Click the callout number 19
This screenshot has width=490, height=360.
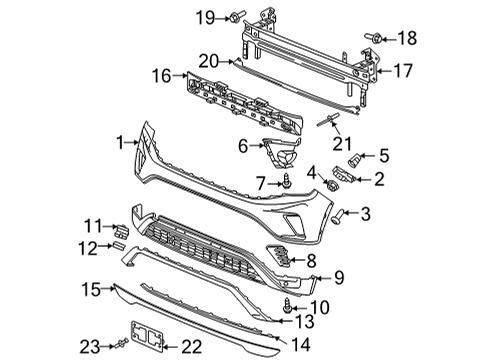coord(205,17)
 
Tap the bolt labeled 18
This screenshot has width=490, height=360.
coord(373,37)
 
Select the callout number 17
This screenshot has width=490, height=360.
coord(403,71)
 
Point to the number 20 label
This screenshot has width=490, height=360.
coord(209,61)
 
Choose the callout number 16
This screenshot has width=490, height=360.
coord(162,76)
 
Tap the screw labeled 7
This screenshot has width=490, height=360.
coord(286,181)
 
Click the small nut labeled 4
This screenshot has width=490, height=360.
coord(332,184)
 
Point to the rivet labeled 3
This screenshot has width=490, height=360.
coord(337,216)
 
